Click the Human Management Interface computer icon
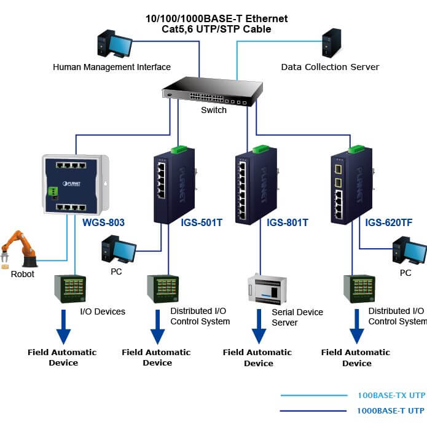click(114, 45)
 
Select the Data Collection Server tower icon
click(331, 43)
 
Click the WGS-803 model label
click(103, 222)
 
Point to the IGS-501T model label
click(202, 222)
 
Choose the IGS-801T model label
click(288, 222)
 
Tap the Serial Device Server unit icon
click(266, 289)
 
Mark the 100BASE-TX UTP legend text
click(391, 396)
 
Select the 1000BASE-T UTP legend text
click(391, 410)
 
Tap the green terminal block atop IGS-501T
click(179, 149)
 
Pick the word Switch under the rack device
click(214, 110)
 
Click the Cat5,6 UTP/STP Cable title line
click(216, 29)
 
